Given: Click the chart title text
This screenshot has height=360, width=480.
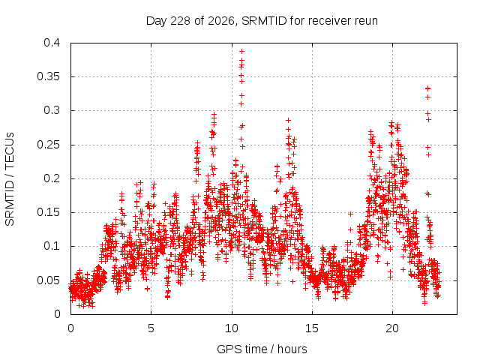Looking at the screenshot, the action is click(x=262, y=21).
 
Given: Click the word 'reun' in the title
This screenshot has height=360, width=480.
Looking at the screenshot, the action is click(x=366, y=22).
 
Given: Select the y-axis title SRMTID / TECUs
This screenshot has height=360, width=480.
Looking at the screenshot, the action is click(x=10, y=179).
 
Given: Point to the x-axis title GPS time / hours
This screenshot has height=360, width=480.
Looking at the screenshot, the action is click(x=262, y=349).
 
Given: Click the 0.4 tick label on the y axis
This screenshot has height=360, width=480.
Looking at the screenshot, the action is click(x=52, y=43).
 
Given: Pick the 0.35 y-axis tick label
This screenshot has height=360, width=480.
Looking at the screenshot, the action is click(x=48, y=76).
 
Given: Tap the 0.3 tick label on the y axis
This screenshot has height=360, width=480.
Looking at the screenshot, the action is click(x=52, y=110).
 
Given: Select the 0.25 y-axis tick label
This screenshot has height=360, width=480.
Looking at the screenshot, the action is click(x=48, y=145).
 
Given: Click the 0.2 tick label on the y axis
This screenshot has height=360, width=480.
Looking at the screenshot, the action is click(x=52, y=178).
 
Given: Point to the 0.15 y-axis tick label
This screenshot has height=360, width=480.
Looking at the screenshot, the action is click(x=48, y=212).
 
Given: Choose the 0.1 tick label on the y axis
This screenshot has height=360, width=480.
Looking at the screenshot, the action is click(x=52, y=246).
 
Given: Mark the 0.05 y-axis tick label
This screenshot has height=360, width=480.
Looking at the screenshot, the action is click(x=48, y=280).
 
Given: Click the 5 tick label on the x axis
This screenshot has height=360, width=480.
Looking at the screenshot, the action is click(x=151, y=328).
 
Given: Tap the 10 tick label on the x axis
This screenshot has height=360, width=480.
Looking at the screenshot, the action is click(x=232, y=328).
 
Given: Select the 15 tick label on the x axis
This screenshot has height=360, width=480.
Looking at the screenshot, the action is click(x=312, y=328).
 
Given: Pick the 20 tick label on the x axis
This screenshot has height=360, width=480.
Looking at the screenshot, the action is click(x=392, y=328).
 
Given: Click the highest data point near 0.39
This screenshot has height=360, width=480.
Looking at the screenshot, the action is click(x=241, y=51).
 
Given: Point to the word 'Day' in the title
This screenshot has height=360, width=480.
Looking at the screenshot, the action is click(x=157, y=22).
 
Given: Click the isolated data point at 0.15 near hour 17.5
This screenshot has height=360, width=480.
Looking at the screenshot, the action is click(x=350, y=214).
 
